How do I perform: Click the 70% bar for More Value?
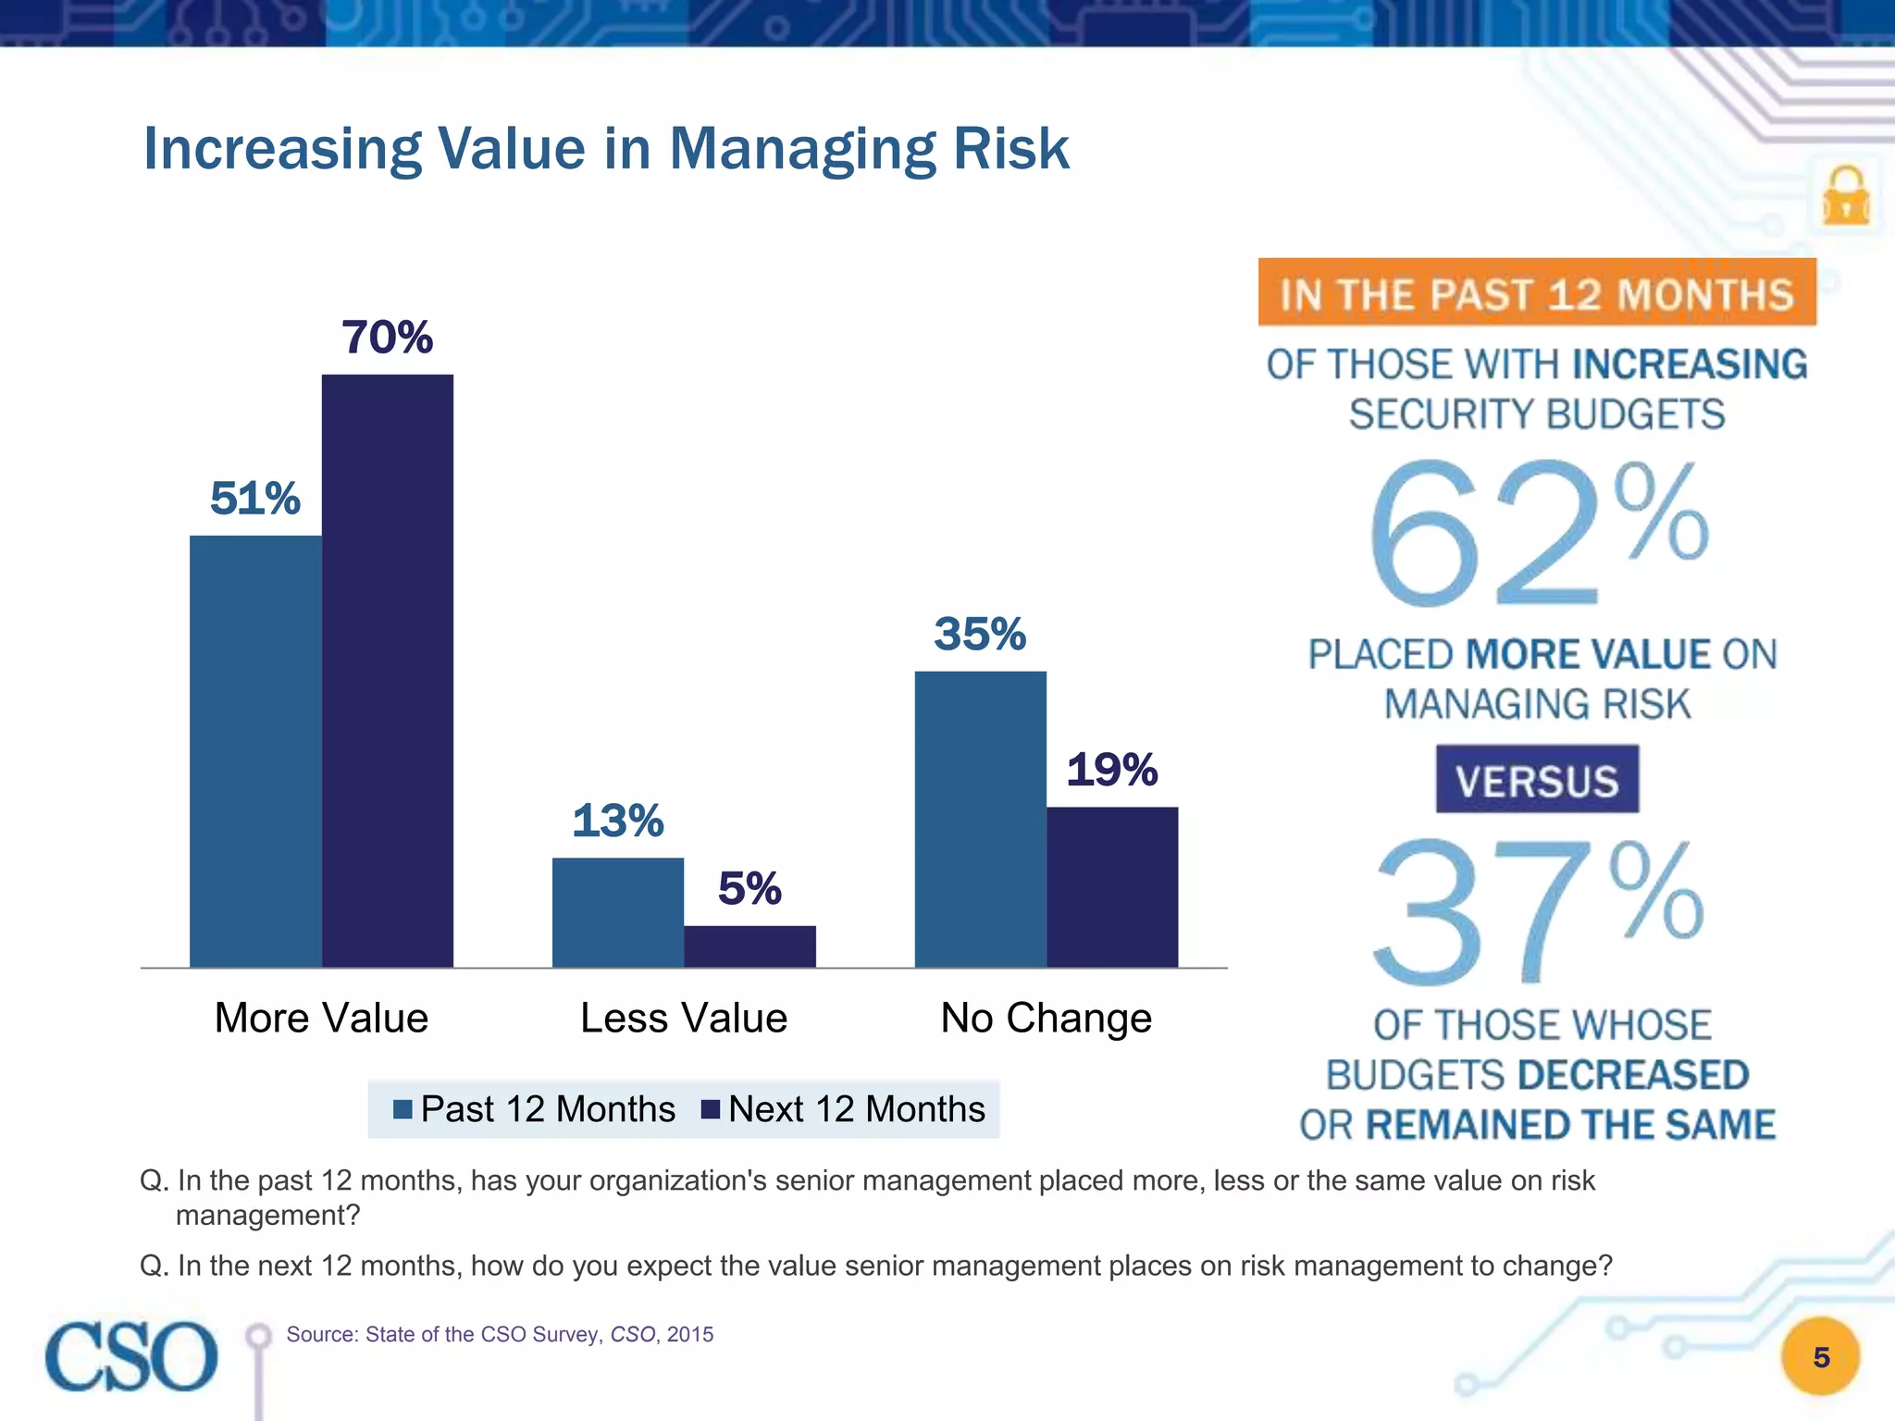click(x=388, y=671)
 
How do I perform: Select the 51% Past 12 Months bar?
click(x=255, y=751)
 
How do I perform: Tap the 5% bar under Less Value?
click(x=749, y=946)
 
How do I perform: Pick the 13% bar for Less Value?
click(x=618, y=912)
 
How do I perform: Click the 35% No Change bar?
click(x=981, y=819)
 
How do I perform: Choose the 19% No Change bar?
click(x=1112, y=887)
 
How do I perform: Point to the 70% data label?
click(x=388, y=337)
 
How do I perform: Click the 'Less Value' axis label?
click(x=684, y=1018)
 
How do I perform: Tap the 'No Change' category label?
click(x=1047, y=1018)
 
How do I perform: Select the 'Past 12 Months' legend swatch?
click(x=403, y=1109)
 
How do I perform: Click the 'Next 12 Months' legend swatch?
click(x=711, y=1109)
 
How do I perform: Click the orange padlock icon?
click(x=1846, y=196)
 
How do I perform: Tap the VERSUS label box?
click(x=1537, y=780)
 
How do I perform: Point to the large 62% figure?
click(x=1537, y=534)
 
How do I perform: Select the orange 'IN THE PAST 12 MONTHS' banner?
click(x=1537, y=293)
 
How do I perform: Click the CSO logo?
click(x=131, y=1356)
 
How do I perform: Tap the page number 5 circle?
click(x=1821, y=1357)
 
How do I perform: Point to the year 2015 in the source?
click(x=690, y=1334)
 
